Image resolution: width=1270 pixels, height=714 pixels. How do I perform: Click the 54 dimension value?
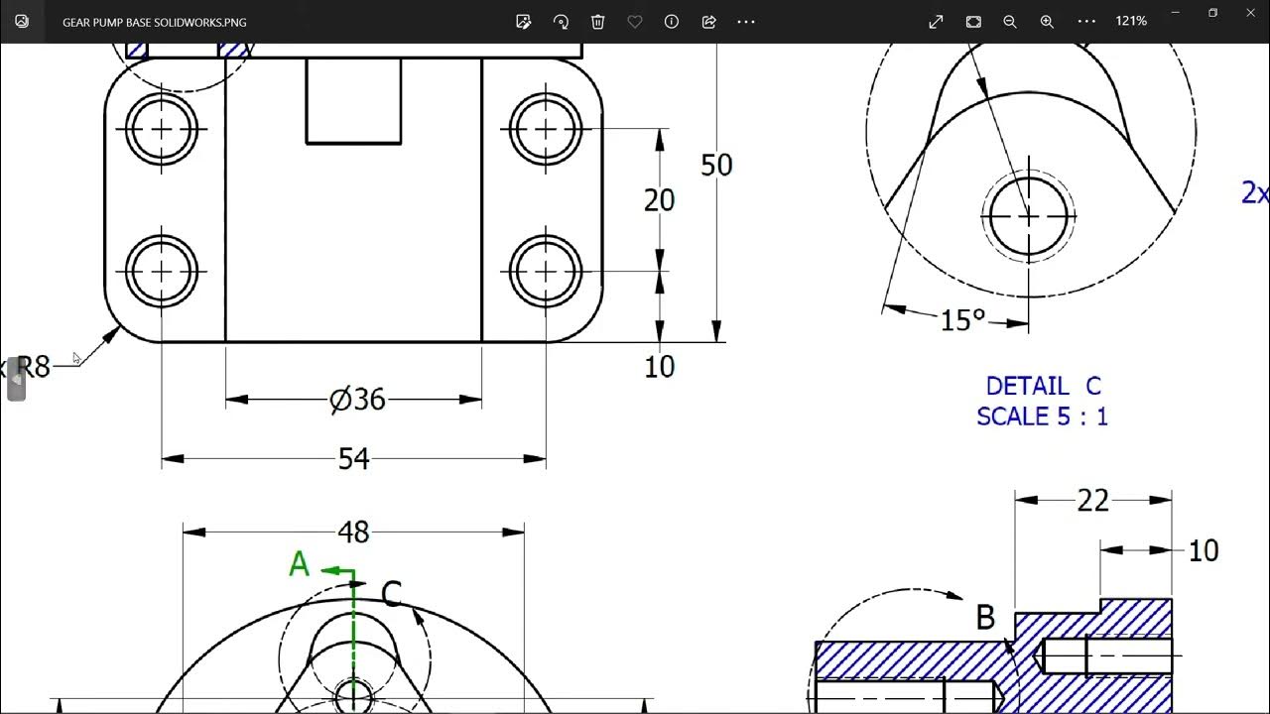point(353,458)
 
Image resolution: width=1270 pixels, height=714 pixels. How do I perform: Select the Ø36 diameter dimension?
point(357,400)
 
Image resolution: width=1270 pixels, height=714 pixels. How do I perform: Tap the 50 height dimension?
point(716,166)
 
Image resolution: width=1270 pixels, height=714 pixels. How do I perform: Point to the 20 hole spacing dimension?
point(659,200)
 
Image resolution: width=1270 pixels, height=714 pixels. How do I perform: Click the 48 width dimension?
point(353,533)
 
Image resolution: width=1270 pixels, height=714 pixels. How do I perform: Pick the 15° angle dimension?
point(962,320)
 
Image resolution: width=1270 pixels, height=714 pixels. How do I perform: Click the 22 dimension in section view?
point(1092,502)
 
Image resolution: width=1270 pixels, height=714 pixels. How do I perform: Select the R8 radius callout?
point(32,367)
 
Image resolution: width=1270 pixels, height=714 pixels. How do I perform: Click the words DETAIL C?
point(1043,386)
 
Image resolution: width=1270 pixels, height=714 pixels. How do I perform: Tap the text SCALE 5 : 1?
point(1042,416)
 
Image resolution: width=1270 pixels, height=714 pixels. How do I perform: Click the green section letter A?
point(300,565)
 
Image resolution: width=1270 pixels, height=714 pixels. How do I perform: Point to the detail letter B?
point(984,618)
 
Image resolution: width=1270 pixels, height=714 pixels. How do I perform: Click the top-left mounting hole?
point(162,129)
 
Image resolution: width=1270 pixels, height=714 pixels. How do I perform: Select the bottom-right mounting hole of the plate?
point(546,271)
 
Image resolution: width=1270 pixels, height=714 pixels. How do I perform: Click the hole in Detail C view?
point(1029,215)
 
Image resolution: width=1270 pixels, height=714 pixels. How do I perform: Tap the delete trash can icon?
point(597,22)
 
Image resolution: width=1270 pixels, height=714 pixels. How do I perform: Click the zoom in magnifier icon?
point(1047,22)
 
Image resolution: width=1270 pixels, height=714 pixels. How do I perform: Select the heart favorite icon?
point(635,22)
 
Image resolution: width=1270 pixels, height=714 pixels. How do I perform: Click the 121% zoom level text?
point(1131,21)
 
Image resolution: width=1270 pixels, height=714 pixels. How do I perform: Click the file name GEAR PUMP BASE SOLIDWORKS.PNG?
point(155,22)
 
